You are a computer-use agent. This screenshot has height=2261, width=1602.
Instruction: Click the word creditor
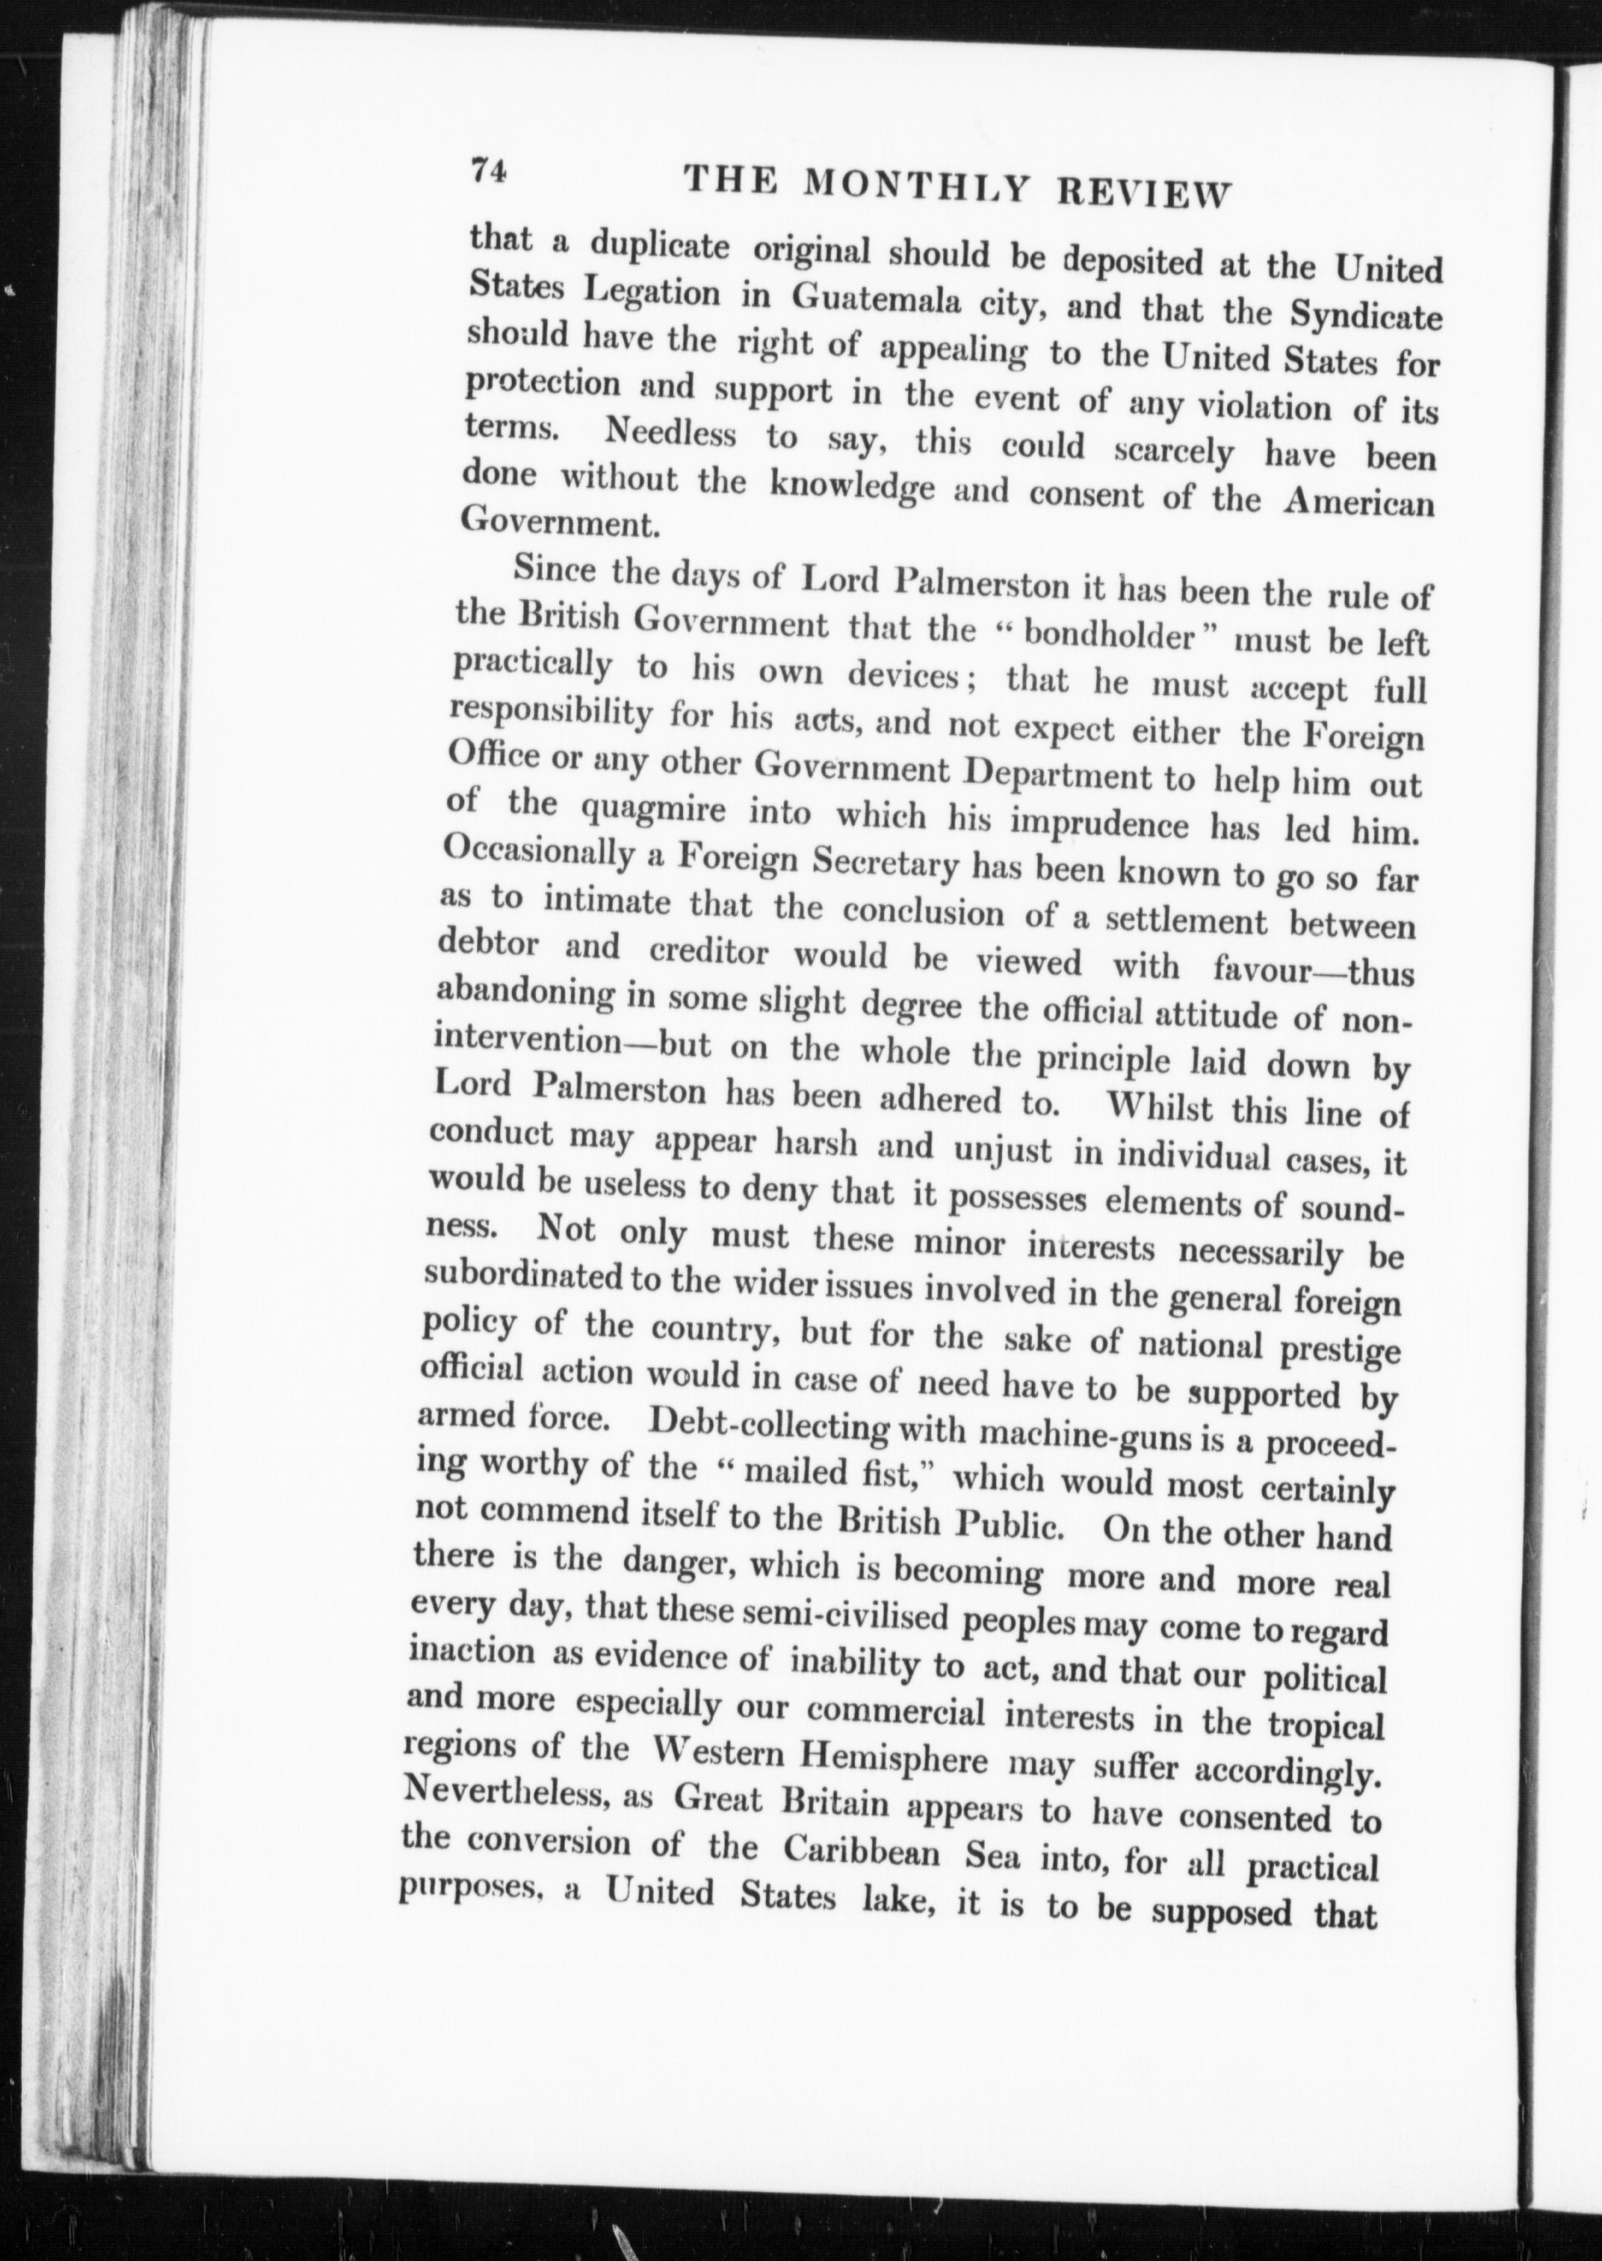tap(710, 952)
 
